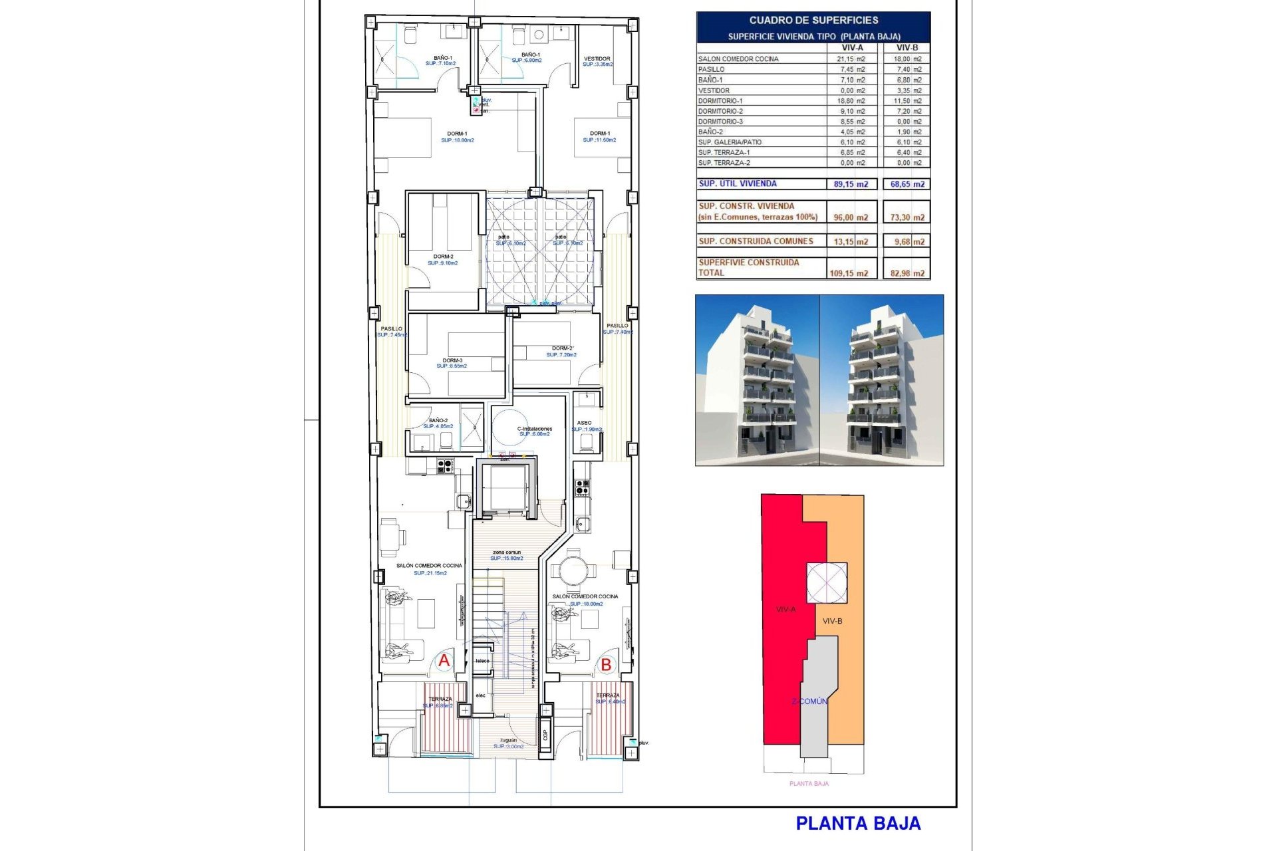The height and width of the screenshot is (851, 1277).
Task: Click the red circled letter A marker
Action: pyautogui.click(x=444, y=661)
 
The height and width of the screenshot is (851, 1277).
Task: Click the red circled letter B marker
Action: pyautogui.click(x=606, y=664)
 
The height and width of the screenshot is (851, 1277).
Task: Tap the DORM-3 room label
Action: pyautogui.click(x=452, y=361)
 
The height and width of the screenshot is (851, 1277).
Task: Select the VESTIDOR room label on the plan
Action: pyautogui.click(x=597, y=59)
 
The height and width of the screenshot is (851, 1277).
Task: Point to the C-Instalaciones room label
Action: pyautogui.click(x=535, y=429)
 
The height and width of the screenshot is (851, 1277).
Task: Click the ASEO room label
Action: pyautogui.click(x=584, y=423)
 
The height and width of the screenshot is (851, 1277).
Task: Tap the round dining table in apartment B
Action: pyautogui.click(x=573, y=570)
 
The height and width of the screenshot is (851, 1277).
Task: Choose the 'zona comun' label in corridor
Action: pyautogui.click(x=507, y=552)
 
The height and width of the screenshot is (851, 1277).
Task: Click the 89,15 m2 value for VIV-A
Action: pyautogui.click(x=851, y=184)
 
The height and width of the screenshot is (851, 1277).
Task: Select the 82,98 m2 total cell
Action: pyautogui.click(x=907, y=273)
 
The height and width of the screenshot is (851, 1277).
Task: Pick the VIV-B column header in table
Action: pyautogui.click(x=907, y=48)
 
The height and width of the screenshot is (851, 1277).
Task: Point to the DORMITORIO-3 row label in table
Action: pyautogui.click(x=720, y=122)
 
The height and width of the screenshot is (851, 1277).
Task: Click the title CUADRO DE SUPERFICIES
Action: pyautogui.click(x=813, y=21)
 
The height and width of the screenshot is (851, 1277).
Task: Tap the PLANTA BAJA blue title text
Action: pyautogui.click(x=858, y=824)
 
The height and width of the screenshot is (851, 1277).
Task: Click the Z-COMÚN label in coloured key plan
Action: pyautogui.click(x=809, y=701)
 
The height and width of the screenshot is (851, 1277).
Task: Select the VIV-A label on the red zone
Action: pyautogui.click(x=785, y=609)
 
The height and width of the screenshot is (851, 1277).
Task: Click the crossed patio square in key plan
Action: pyautogui.click(x=827, y=582)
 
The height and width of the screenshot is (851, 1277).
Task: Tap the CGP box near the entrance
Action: pyautogui.click(x=545, y=735)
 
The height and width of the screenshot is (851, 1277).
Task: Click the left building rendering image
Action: pyautogui.click(x=757, y=380)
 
